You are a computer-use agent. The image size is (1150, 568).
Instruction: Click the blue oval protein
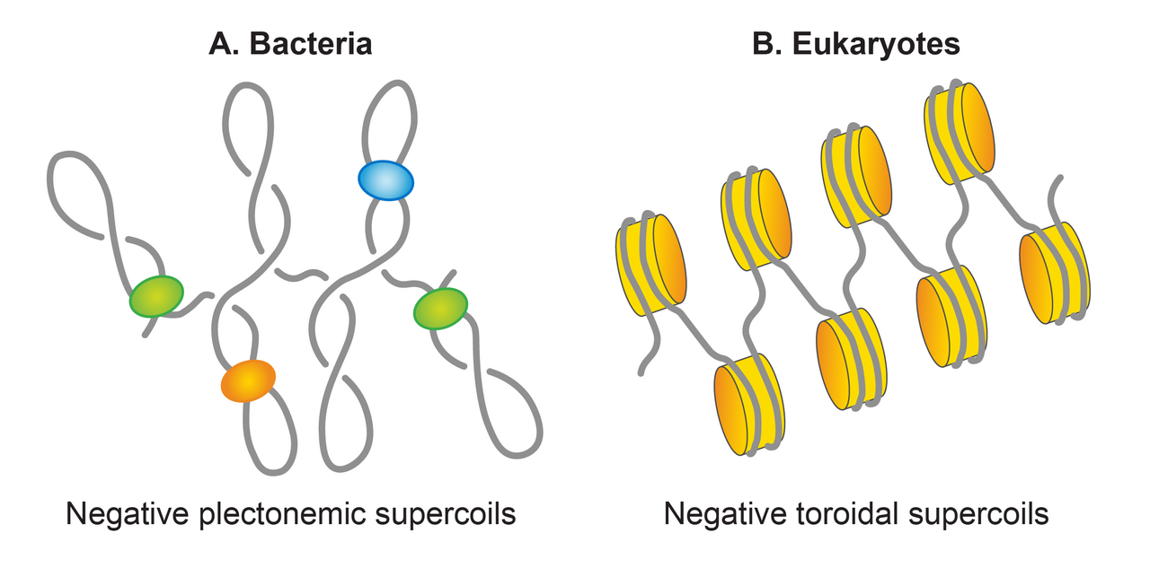pyautogui.click(x=385, y=180)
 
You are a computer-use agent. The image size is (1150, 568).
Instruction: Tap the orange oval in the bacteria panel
pyautogui.click(x=248, y=380)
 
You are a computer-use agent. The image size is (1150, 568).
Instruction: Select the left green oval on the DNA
pyautogui.click(x=156, y=296)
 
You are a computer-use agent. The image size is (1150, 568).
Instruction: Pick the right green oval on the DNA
pyautogui.click(x=440, y=309)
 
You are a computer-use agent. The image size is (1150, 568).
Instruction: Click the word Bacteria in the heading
pyautogui.click(x=311, y=44)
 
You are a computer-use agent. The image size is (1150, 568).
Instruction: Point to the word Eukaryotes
pyautogui.click(x=876, y=44)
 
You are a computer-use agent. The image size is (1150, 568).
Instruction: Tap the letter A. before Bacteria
pyautogui.click(x=224, y=44)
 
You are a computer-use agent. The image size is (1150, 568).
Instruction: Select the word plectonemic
pyautogui.click(x=282, y=514)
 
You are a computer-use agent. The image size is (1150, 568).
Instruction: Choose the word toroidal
pyautogui.click(x=847, y=513)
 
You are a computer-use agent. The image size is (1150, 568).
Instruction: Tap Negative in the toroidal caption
pyautogui.click(x=725, y=514)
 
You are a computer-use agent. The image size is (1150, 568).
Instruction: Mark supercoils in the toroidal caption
pyautogui.click(x=978, y=514)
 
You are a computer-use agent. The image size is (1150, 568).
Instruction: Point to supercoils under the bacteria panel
pyautogui.click(x=446, y=514)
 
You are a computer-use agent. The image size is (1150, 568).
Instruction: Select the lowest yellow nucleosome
pyautogui.click(x=749, y=405)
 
